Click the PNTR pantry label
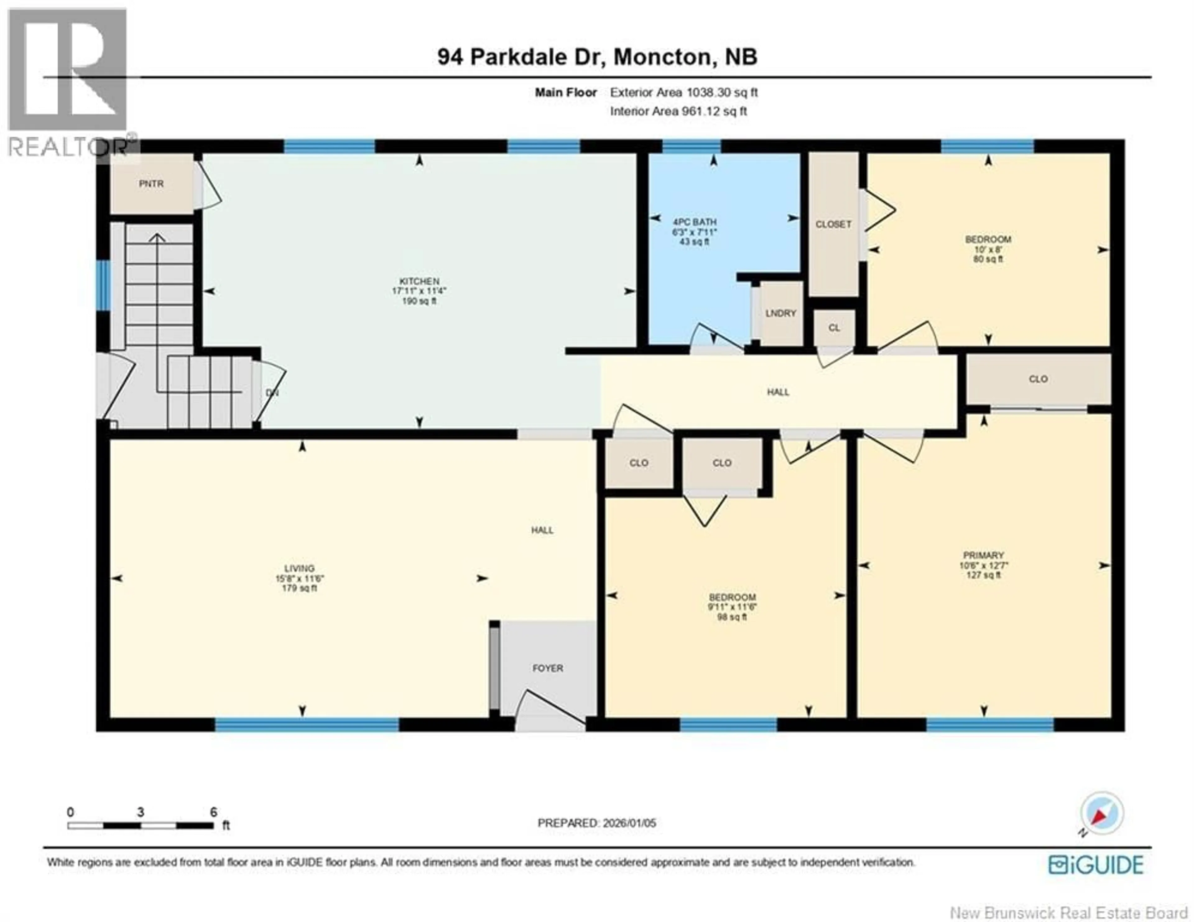point(151,184)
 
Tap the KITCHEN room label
point(419,281)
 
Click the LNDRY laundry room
point(781,313)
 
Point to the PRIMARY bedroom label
point(983,555)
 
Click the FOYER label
point(548,668)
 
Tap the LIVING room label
point(299,569)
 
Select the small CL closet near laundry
point(834,328)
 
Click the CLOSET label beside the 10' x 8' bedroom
point(833,224)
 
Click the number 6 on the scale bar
point(213,812)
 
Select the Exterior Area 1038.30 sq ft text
point(683,92)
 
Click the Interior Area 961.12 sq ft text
point(678,111)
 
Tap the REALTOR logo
point(68,82)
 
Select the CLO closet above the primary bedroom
point(1038,379)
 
